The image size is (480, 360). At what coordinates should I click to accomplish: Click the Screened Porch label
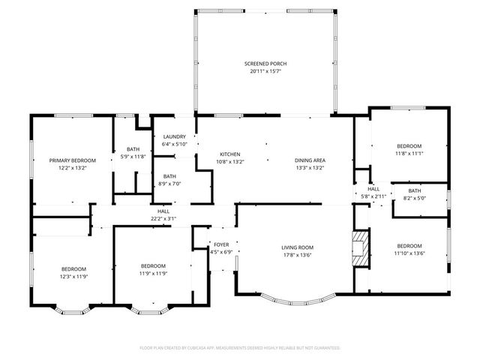pos(265,64)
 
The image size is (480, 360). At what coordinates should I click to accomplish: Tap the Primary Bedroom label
pos(73,160)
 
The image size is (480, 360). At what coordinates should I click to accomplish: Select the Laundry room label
pos(174,136)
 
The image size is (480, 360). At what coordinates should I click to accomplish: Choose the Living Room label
pos(297,247)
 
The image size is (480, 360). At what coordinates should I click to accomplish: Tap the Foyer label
pos(221,244)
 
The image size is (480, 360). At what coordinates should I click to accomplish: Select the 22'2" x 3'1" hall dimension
pos(163,219)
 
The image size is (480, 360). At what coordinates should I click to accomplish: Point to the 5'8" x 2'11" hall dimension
pos(373,196)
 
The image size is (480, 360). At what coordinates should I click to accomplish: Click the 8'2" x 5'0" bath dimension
pos(415,199)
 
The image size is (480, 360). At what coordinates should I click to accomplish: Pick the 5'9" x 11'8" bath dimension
pos(133,157)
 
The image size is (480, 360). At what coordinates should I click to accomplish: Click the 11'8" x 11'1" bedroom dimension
pos(409,153)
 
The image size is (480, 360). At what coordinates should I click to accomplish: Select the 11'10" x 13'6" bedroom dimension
pos(409,253)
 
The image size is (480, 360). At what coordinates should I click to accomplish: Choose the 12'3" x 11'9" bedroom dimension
pos(73,276)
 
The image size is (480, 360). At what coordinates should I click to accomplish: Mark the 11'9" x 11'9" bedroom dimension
pos(153,274)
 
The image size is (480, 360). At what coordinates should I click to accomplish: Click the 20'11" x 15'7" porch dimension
pos(265,71)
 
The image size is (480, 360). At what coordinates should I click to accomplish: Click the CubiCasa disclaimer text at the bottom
pos(240,348)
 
